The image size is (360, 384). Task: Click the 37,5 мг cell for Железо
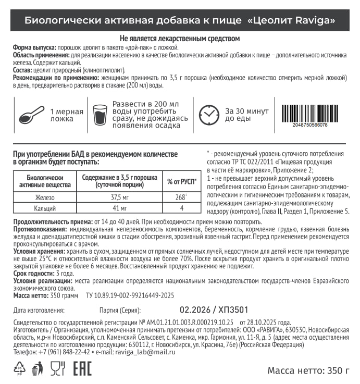[119, 198]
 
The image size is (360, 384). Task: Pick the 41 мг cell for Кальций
[119, 208]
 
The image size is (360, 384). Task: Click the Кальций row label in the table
[45, 208]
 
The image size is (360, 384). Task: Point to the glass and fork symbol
[57, 369]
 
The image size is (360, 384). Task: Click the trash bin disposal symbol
[37, 369]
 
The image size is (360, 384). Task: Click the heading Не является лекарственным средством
[180, 39]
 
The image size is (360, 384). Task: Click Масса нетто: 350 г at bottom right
[308, 371]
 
